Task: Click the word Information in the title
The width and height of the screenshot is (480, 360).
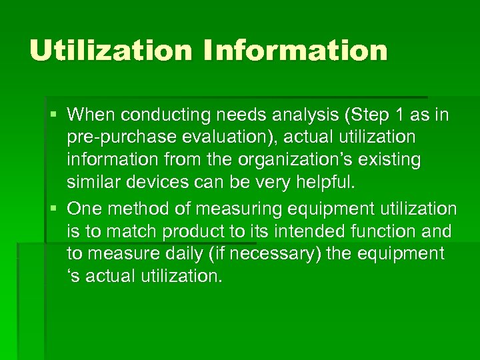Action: click(x=296, y=51)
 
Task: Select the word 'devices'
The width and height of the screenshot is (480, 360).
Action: click(x=157, y=182)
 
